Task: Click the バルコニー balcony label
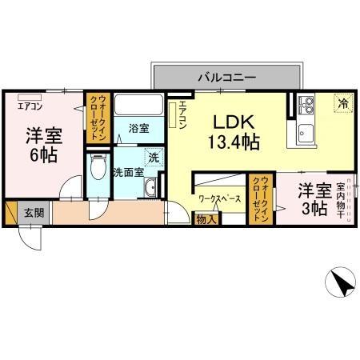tap(227, 78)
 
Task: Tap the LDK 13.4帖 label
tap(234, 133)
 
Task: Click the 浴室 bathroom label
tap(139, 127)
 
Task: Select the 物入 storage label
tap(205, 219)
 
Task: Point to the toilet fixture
tap(97, 168)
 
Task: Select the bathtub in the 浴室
tap(139, 106)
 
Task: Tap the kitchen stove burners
tap(306, 104)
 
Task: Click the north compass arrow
tap(339, 283)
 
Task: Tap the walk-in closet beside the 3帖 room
tap(262, 202)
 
